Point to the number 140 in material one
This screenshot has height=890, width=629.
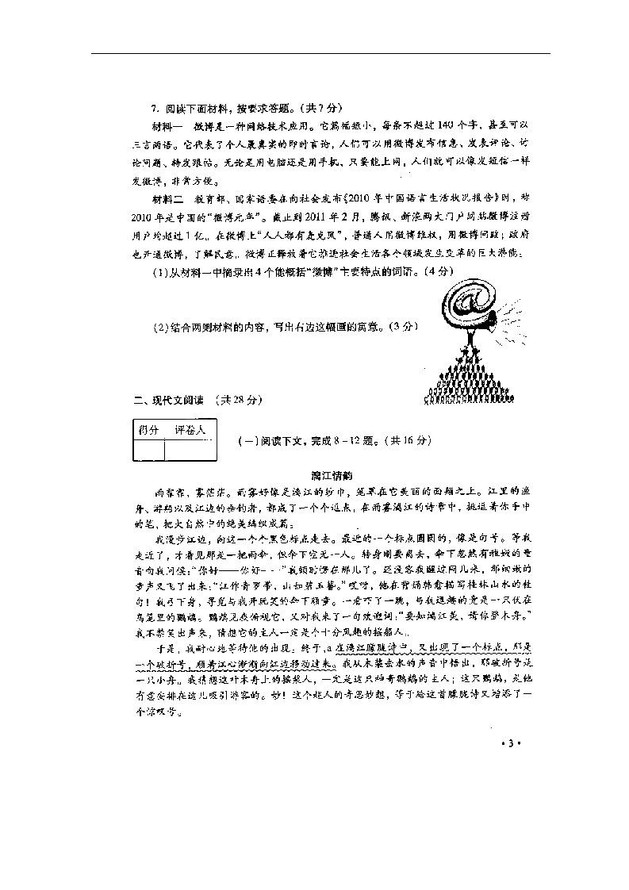[x=427, y=125]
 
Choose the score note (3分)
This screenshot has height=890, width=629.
[x=398, y=326]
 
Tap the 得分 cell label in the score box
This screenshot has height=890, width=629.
[x=148, y=430]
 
